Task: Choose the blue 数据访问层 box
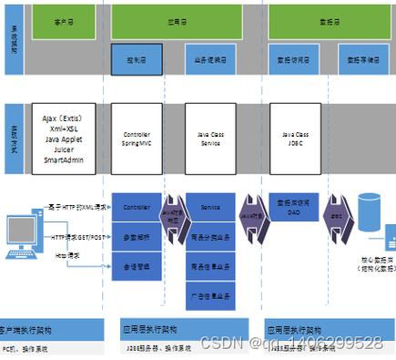click(x=293, y=60)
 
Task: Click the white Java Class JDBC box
click(x=294, y=138)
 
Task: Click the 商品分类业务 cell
click(x=210, y=242)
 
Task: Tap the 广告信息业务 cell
click(x=210, y=294)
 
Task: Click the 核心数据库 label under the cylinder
click(x=368, y=266)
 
